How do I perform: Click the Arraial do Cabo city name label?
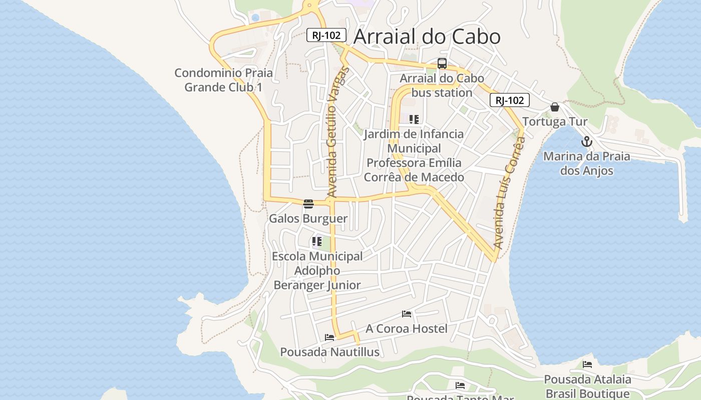pyautogui.click(x=427, y=36)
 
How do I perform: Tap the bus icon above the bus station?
pyautogui.click(x=442, y=63)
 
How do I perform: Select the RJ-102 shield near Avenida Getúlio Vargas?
pyautogui.click(x=326, y=35)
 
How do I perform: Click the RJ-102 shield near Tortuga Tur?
pyautogui.click(x=509, y=100)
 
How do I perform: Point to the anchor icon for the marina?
pyautogui.click(x=586, y=141)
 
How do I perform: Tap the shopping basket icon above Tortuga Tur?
pyautogui.click(x=555, y=107)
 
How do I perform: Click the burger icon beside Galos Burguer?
pyautogui.click(x=308, y=203)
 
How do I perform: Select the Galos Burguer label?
pyautogui.click(x=308, y=218)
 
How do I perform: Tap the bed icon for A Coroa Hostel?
pyautogui.click(x=407, y=314)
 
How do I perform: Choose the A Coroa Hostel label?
pyautogui.click(x=407, y=328)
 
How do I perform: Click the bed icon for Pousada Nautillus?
pyautogui.click(x=329, y=337)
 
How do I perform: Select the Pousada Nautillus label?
pyautogui.click(x=329, y=352)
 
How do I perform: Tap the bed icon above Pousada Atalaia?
pyautogui.click(x=587, y=364)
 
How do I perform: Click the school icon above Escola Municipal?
pyautogui.click(x=317, y=242)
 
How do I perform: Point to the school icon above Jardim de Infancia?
pyautogui.click(x=414, y=119)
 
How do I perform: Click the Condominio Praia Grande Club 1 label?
pyautogui.click(x=223, y=80)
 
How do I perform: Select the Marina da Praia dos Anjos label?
pyautogui.click(x=586, y=163)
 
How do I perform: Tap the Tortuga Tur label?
pyautogui.click(x=555, y=121)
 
